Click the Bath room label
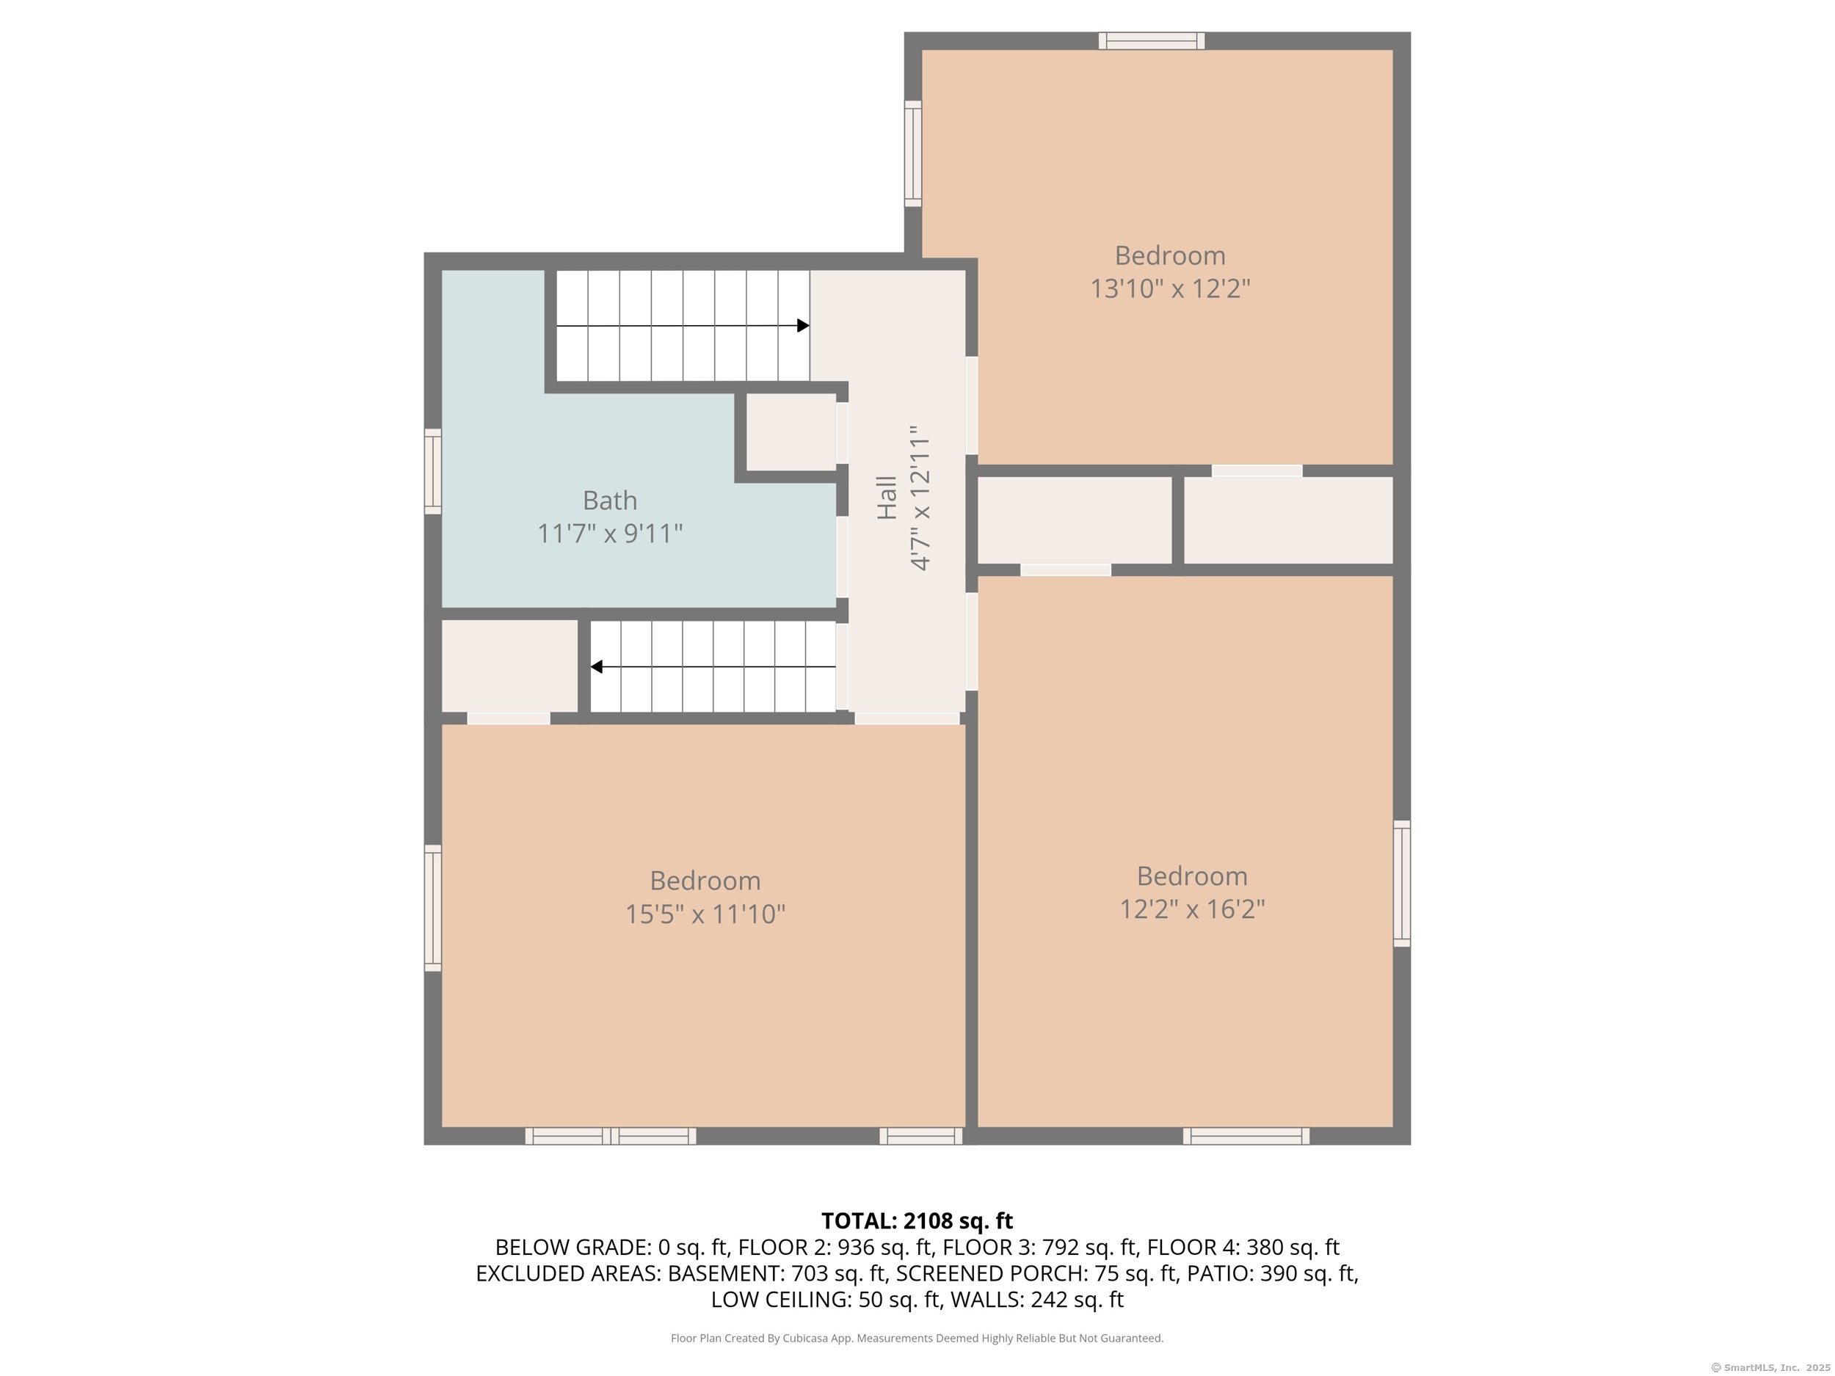610,500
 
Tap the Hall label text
887,498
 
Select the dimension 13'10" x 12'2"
1170,288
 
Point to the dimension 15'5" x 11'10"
705,914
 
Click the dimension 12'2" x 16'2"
1192,909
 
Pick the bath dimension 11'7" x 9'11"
610,533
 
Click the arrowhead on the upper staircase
803,326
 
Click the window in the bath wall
432,471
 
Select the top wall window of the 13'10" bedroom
1152,40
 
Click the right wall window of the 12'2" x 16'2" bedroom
1401,884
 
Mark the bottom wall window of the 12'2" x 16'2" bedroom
1246,1136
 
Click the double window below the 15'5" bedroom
611,1136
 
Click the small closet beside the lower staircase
509,666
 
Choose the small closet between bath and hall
791,432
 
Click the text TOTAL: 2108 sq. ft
917,1221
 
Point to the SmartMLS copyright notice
1770,1368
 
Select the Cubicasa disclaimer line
917,1338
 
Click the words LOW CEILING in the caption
780,1300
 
